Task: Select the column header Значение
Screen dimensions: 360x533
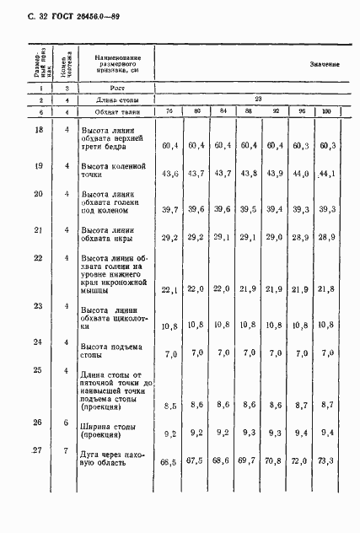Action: tap(324, 65)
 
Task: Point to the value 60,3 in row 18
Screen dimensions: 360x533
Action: tap(327, 145)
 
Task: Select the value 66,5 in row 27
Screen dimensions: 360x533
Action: tap(169, 462)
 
